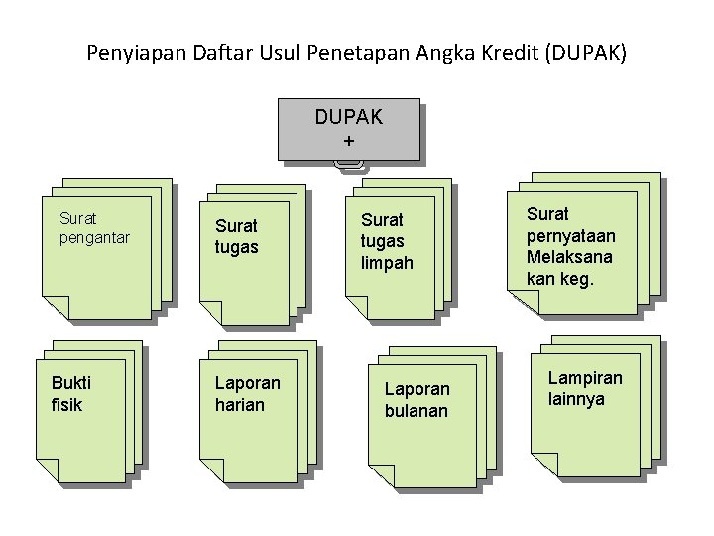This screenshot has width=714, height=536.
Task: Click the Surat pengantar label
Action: [94, 227]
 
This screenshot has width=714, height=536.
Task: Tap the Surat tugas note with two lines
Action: [236, 237]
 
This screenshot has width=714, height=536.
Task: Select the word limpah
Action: [385, 264]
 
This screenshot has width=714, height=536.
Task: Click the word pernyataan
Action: [570, 236]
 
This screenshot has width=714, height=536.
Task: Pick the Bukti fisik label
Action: [68, 394]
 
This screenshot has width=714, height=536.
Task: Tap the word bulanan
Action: [416, 411]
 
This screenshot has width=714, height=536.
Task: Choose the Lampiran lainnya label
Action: [585, 388]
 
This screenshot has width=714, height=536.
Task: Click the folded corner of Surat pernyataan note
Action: [522, 303]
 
